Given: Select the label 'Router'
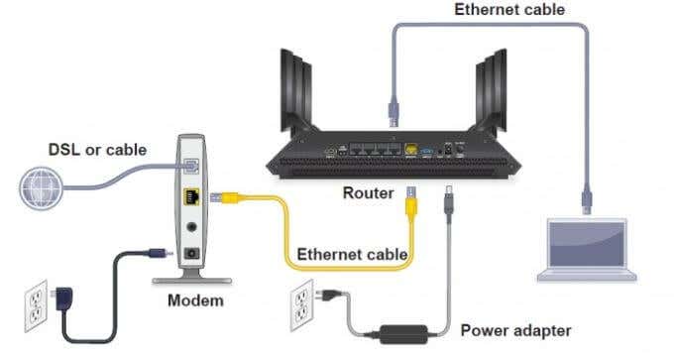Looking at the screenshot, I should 368,192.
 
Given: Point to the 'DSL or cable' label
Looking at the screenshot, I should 97,150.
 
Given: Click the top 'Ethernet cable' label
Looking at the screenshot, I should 509,10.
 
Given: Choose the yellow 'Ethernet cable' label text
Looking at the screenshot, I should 352,255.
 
